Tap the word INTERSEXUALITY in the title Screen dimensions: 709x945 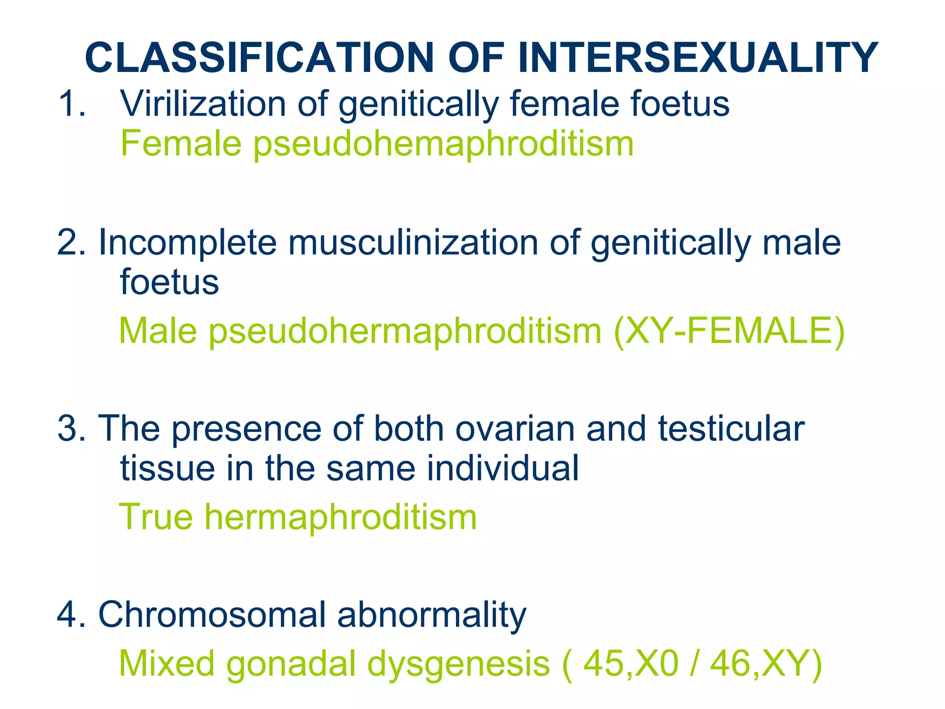click(698, 58)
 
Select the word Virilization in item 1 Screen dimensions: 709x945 click(203, 103)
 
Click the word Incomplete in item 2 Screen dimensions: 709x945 click(187, 243)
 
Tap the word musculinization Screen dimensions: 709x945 click(413, 243)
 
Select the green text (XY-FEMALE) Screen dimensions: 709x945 click(729, 331)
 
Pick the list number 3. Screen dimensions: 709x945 click(70, 428)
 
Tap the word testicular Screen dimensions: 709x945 click(731, 428)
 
